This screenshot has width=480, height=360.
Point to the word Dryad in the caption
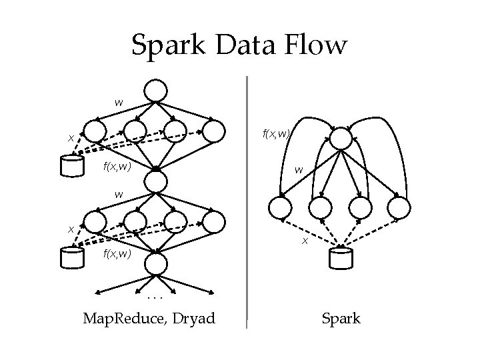[x=193, y=319]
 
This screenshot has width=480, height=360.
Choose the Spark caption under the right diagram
[x=341, y=319]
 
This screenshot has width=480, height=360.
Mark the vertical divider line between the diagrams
[x=247, y=200]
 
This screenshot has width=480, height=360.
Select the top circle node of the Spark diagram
[x=340, y=138]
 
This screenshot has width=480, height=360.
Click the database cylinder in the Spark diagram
[x=341, y=257]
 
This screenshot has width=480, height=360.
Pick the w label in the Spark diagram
[x=299, y=171]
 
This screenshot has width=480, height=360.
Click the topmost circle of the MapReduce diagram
[x=156, y=90]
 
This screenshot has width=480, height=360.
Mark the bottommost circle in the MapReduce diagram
[x=156, y=265]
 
